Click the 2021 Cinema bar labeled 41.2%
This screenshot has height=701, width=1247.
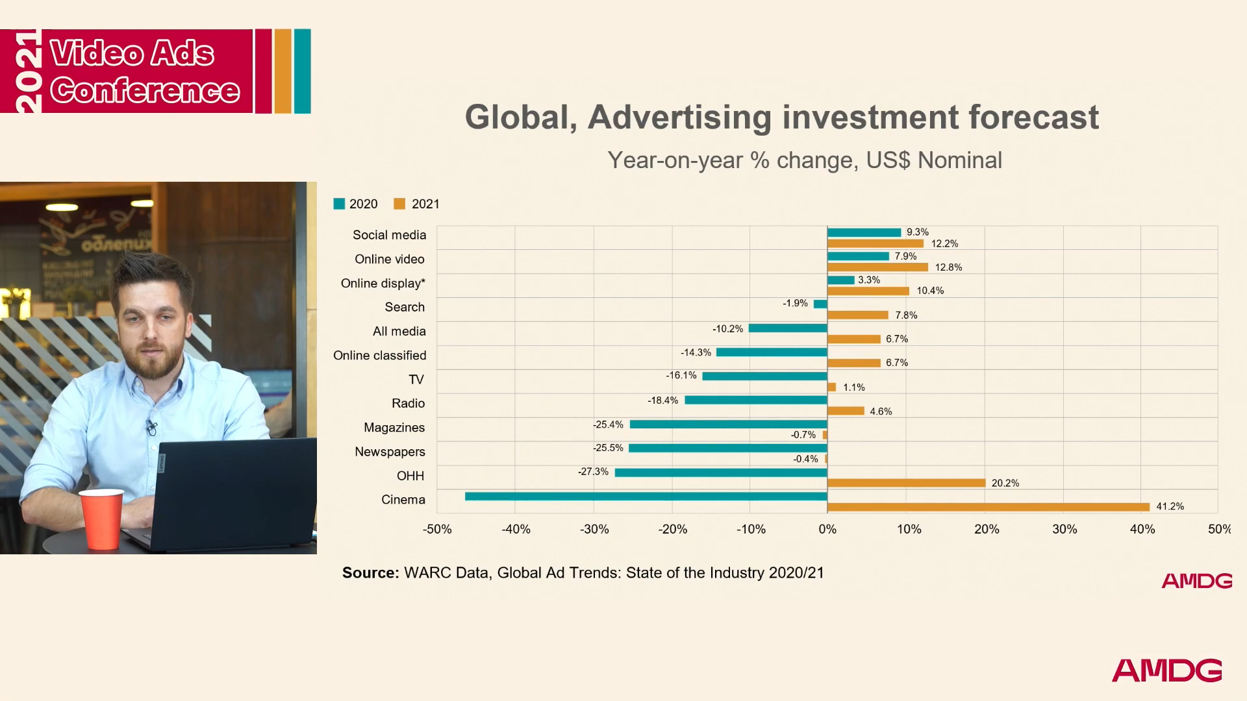click(988, 507)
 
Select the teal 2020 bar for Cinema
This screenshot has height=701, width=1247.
click(646, 497)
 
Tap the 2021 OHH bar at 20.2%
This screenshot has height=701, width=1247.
click(906, 483)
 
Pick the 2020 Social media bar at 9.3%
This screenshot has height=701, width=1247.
click(864, 232)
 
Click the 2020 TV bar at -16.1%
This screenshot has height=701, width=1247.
click(764, 376)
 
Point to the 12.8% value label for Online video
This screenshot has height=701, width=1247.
click(948, 267)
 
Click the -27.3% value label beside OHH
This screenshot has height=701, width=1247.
click(593, 472)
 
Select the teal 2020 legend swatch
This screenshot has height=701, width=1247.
click(339, 204)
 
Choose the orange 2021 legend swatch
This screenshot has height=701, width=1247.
click(399, 204)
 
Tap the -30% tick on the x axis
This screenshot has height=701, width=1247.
click(594, 529)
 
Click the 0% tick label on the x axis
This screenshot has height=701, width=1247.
click(827, 529)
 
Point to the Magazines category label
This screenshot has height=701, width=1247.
click(394, 428)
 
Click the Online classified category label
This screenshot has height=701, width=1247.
click(379, 356)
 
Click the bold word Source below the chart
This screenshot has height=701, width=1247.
click(370, 572)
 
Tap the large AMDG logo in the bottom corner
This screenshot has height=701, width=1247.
click(1166, 670)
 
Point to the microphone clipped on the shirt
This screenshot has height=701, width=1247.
click(152, 427)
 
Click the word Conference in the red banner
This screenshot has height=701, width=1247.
click(145, 90)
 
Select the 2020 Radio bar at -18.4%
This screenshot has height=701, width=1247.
click(755, 400)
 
